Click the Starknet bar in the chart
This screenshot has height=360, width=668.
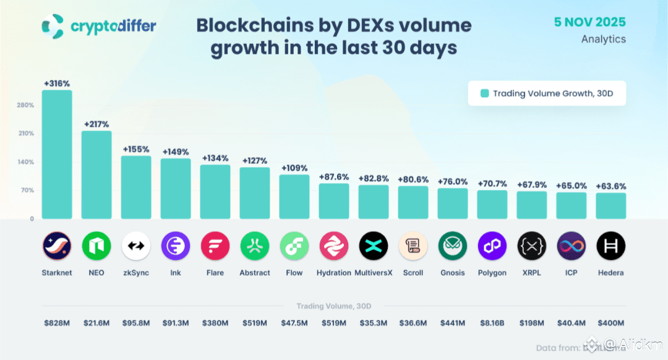[57, 155]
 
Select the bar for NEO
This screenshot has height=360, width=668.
[96, 175]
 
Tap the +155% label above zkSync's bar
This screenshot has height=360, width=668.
[136, 149]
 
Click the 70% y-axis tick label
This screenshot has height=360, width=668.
[27, 191]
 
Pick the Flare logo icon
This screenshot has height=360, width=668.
[215, 246]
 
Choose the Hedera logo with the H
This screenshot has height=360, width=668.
[610, 246]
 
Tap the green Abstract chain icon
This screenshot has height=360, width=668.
[255, 246]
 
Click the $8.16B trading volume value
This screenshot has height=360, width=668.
[492, 323]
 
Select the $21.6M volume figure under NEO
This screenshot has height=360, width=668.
[96, 323]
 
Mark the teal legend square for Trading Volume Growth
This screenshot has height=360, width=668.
[485, 93]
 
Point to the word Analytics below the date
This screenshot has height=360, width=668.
[603, 39]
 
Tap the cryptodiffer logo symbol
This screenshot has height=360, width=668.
[52, 26]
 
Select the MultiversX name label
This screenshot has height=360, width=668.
[373, 273]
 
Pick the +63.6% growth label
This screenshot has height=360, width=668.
[610, 186]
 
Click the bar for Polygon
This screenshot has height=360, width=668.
[492, 205]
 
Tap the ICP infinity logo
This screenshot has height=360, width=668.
[572, 246]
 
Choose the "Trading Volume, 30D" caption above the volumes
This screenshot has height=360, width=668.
[334, 306]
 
